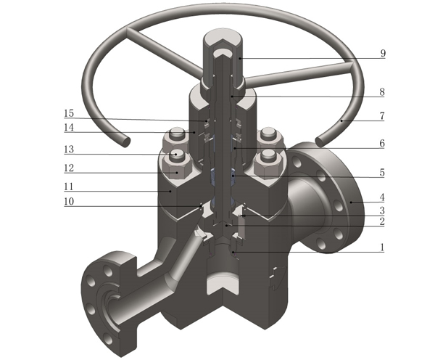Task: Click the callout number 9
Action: [383, 53]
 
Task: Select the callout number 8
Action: [382, 92]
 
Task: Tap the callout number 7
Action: [382, 115]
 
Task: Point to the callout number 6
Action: [382, 143]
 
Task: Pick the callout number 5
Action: [382, 173]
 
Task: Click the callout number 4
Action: [382, 197]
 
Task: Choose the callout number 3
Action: [382, 210]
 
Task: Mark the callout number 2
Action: [382, 221]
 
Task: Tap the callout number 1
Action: [382, 247]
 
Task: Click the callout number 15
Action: [69, 113]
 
